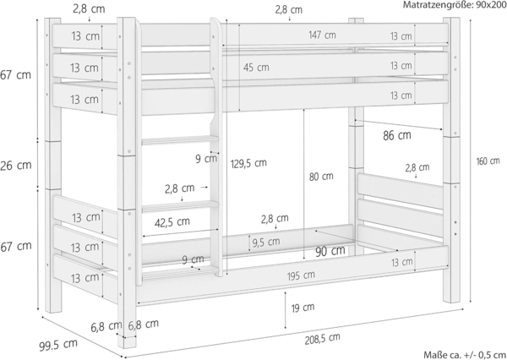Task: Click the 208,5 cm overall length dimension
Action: click(x=323, y=337)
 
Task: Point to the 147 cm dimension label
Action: click(x=322, y=35)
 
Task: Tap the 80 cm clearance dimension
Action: click(x=321, y=177)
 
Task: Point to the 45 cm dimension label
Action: click(x=257, y=67)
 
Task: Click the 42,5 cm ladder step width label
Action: click(x=172, y=221)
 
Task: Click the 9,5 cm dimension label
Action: click(x=266, y=243)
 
